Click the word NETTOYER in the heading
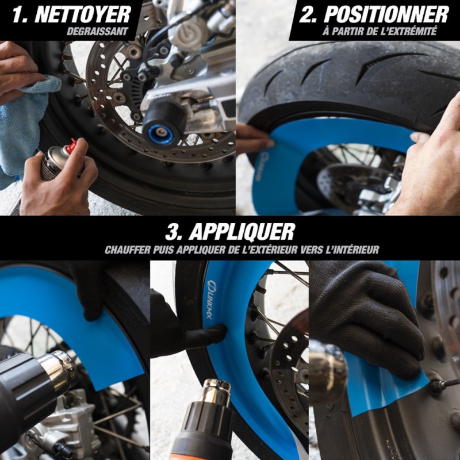82,14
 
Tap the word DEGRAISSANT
97,31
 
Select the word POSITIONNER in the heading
386,14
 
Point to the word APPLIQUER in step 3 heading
241,232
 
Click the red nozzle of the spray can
71,145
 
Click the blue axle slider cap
160,135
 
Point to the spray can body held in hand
52,163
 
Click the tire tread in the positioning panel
352,76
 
